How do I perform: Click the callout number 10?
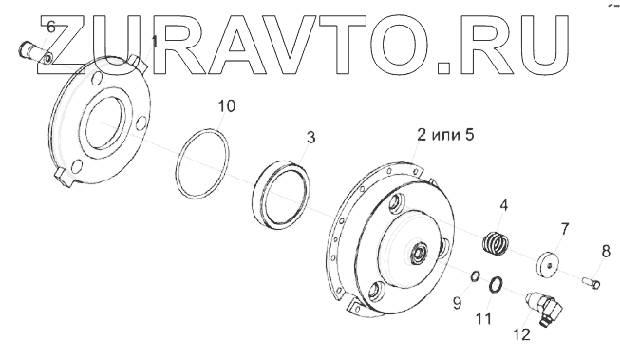[227, 106]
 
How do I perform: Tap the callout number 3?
[311, 138]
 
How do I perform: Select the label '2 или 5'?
[445, 135]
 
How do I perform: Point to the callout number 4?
[503, 205]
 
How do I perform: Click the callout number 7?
[564, 229]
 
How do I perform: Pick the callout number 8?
[606, 251]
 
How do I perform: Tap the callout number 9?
[457, 303]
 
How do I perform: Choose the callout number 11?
[483, 318]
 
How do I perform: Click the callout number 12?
[521, 334]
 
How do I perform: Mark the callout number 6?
[51, 28]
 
